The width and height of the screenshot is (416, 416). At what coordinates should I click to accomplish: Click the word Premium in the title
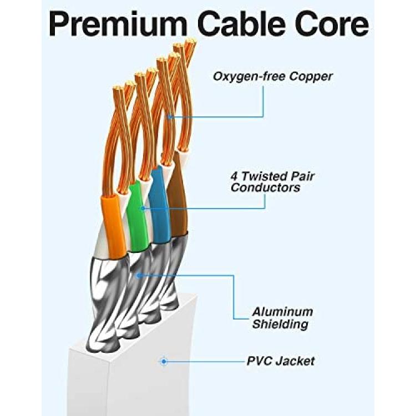[x=118, y=24]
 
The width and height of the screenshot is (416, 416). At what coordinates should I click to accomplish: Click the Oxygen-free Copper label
[x=272, y=77]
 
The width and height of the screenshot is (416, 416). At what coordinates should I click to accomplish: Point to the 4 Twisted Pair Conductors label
[x=272, y=182]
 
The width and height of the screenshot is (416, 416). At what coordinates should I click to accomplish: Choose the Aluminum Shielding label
[x=282, y=318]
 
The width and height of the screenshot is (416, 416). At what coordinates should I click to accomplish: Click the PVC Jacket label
[x=281, y=361]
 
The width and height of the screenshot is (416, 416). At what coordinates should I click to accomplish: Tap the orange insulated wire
[x=114, y=226]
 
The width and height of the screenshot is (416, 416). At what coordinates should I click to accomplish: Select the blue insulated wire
[x=159, y=204]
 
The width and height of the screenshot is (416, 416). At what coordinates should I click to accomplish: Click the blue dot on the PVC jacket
[x=164, y=361]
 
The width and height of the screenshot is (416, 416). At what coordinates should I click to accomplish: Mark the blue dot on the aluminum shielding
[x=138, y=276]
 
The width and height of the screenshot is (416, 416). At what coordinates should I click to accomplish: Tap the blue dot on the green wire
[x=143, y=208]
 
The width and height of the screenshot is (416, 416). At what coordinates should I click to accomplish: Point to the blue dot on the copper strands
[x=170, y=116]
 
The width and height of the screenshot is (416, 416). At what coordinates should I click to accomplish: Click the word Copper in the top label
[x=311, y=77]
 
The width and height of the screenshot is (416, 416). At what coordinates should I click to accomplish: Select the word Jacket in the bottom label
[x=295, y=361]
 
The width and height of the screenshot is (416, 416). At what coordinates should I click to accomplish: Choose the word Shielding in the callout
[x=280, y=324]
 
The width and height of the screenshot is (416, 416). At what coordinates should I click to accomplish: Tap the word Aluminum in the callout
[x=282, y=312]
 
